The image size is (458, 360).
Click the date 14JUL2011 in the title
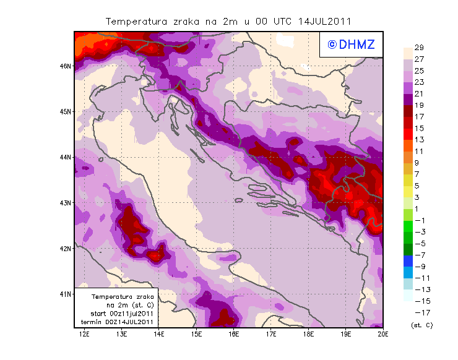[324, 21]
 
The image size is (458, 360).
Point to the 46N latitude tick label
[66, 66]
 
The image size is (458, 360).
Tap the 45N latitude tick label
[66, 111]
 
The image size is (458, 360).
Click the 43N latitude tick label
[66, 202]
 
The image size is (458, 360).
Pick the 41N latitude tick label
[66, 294]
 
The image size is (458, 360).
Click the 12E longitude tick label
[84, 334]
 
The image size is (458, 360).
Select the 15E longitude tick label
[197, 334]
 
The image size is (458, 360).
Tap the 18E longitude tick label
[309, 334]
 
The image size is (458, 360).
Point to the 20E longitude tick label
[384, 334]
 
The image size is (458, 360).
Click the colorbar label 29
[418, 48]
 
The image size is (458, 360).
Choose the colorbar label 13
[418, 140]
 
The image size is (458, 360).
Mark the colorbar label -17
[420, 312]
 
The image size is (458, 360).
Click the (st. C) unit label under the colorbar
[421, 325]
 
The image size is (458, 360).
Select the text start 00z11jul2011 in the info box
[117, 314]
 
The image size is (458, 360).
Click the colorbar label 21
[418, 93]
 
